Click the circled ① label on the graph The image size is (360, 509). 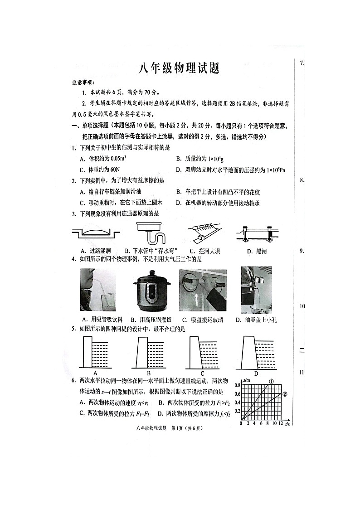click(271, 382)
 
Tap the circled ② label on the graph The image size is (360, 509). click(285, 394)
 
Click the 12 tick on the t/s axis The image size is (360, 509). click(281, 423)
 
